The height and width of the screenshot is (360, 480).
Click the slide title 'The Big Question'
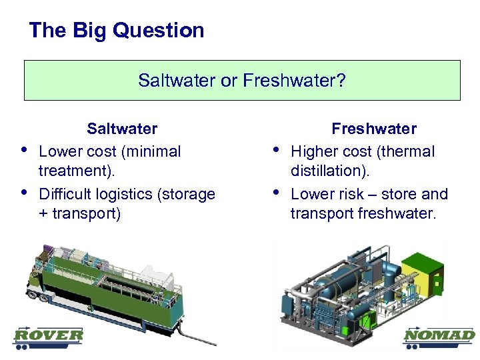click(x=117, y=31)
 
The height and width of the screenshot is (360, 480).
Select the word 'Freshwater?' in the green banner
click(x=294, y=81)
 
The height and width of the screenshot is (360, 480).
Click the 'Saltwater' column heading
click(x=122, y=129)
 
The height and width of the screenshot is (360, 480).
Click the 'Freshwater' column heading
click(x=374, y=129)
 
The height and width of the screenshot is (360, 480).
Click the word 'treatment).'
click(x=77, y=171)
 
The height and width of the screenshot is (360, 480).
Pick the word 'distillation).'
click(x=329, y=171)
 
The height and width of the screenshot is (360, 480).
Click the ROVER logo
click(x=49, y=337)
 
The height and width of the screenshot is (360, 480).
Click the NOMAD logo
click(x=439, y=337)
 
